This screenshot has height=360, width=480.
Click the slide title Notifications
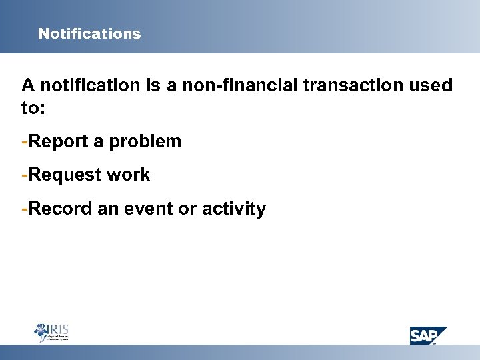pos(89,33)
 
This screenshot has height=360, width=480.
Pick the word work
pos(129,175)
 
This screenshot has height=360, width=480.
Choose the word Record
pos(61,209)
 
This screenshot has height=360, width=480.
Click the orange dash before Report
pos(25,142)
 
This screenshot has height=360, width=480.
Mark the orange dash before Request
pos(25,175)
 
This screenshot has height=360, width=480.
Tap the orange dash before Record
pos(25,209)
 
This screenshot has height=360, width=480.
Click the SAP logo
pos(427,335)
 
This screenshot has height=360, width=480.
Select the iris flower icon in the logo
pos(41,331)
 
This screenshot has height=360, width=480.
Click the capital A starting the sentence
pos(28,85)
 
